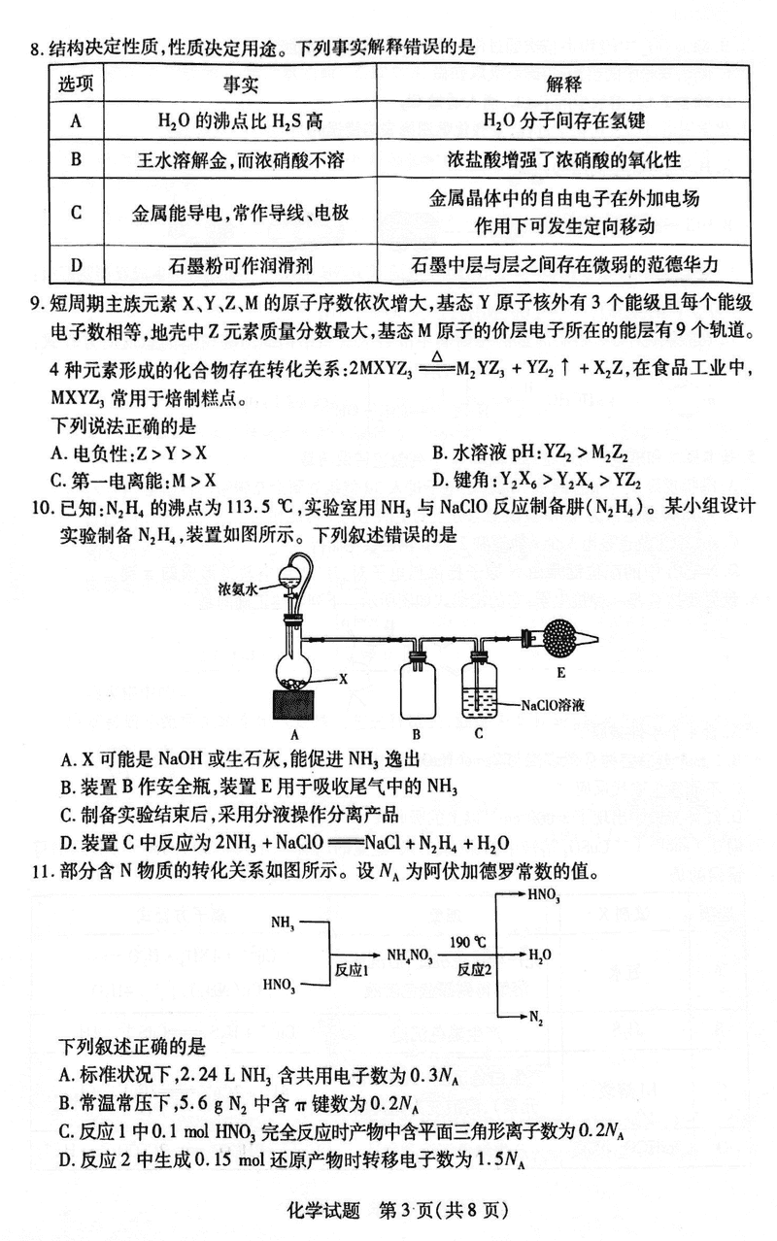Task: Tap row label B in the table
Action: pyautogui.click(x=75, y=159)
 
